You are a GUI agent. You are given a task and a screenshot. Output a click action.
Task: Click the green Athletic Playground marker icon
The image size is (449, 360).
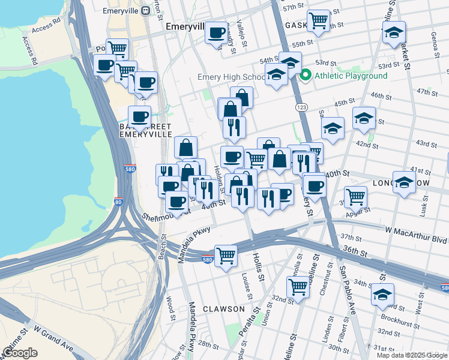coord(306,76)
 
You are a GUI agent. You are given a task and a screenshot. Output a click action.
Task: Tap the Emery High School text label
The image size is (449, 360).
coord(231,77)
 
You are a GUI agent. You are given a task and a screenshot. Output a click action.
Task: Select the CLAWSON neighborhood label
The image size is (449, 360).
coord(223,309)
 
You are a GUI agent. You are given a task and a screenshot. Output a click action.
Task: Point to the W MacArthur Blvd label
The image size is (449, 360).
coord(416,230)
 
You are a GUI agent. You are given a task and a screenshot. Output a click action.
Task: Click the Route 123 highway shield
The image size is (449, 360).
coord(300,107)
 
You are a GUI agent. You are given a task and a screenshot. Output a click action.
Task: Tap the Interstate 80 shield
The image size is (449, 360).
coord(118,202)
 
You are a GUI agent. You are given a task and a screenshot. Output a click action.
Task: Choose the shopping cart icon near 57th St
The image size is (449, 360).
coord(318,21)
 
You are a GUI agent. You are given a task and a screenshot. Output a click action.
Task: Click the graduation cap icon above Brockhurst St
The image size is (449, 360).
coord(382,294)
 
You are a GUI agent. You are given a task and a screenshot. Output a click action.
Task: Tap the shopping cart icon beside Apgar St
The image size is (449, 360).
coord(356,196)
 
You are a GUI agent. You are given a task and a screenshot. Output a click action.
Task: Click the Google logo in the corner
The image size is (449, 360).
coord(20,352)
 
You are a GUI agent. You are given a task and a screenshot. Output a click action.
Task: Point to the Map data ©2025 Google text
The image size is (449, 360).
coord(411,355)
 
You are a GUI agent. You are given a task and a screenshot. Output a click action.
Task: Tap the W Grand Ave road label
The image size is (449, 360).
coord(54,339)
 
